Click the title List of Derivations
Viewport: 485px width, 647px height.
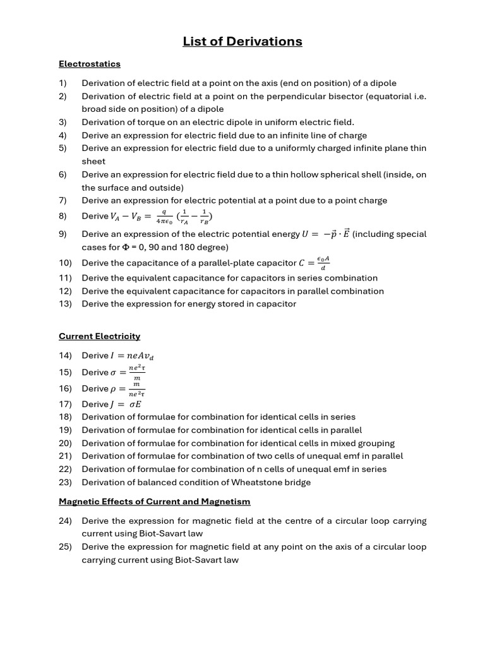[242, 42]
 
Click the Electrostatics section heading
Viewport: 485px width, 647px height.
[90, 64]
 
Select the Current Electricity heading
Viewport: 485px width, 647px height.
[100, 336]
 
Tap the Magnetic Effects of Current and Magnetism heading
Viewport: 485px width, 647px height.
[155, 501]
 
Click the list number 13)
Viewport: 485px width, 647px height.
[65, 304]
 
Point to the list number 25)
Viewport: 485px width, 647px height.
[65, 547]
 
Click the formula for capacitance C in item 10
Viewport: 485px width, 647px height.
[316, 262]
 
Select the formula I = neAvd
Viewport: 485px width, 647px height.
[132, 356]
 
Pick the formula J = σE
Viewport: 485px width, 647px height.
[126, 404]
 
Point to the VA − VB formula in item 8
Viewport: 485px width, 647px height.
[161, 217]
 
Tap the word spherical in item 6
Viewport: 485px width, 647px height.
[340, 174]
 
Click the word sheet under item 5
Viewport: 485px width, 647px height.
[93, 161]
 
